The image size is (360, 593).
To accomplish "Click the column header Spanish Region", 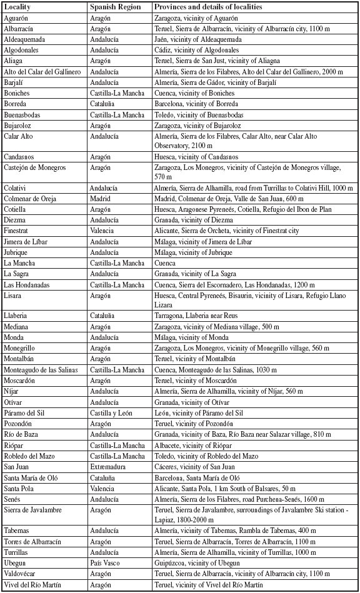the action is [x=112, y=7].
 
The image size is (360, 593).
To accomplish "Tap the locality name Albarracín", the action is [x=21, y=29].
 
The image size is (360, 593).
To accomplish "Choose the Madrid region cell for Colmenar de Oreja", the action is [x=101, y=198].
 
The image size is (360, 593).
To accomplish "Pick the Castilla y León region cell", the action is [x=112, y=412].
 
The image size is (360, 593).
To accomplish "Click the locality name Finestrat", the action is [x=19, y=231].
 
